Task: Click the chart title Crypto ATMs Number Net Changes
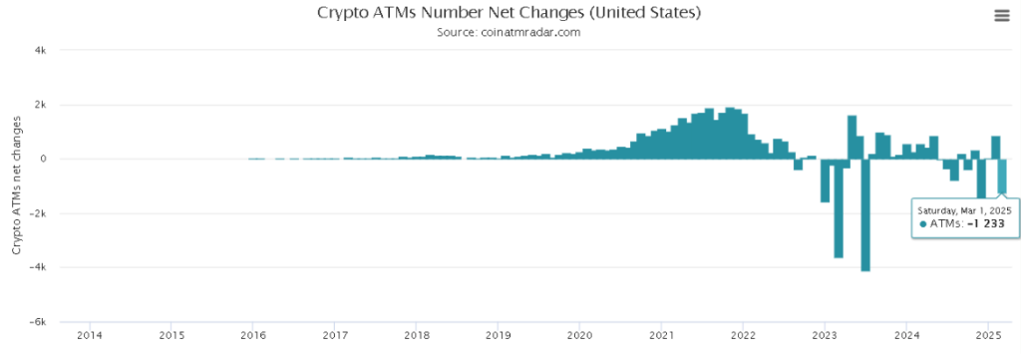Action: (x=510, y=13)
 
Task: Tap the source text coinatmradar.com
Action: (x=509, y=32)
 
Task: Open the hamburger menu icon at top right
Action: (x=1000, y=14)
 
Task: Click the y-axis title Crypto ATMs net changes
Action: (x=17, y=185)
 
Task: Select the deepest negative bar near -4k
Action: (x=865, y=214)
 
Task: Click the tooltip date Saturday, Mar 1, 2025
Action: (x=964, y=210)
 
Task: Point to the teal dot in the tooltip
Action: (x=923, y=225)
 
